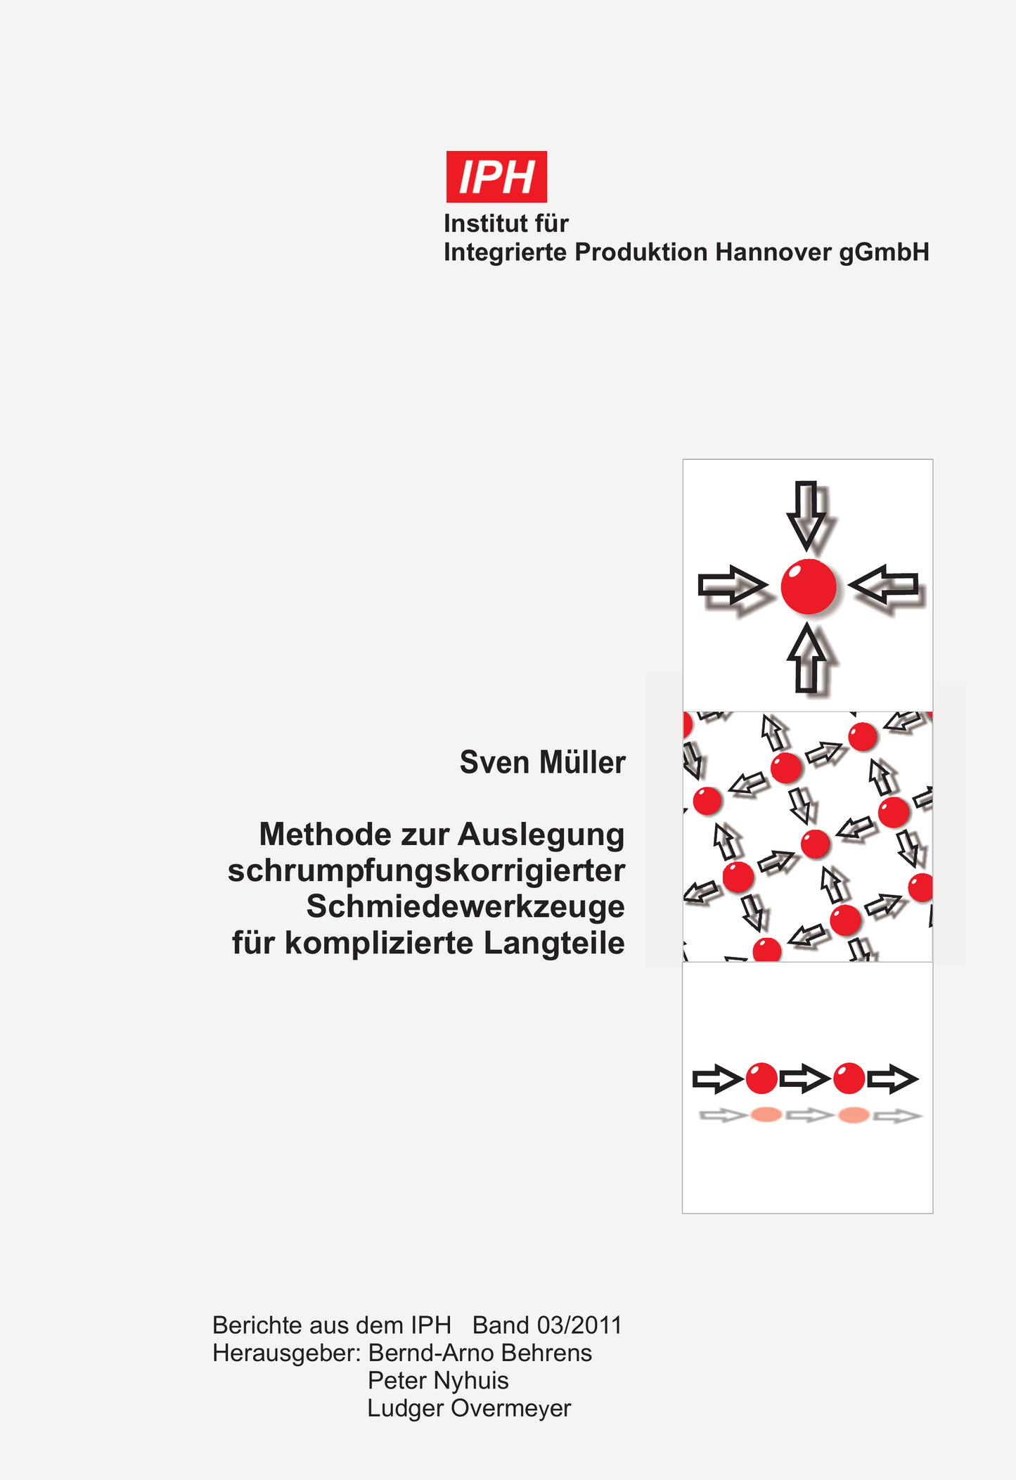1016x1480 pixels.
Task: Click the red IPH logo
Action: [496, 176]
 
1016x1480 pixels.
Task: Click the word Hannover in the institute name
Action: [773, 252]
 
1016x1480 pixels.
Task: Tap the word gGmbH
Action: [885, 253]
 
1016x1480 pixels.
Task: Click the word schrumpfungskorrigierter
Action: [426, 870]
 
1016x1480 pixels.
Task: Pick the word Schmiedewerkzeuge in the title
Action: [465, 907]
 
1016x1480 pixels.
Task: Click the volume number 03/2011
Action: [579, 1325]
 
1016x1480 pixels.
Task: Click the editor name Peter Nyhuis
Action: [438, 1380]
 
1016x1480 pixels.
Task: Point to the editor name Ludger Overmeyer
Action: [469, 1408]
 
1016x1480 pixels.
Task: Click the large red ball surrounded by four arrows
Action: [809, 586]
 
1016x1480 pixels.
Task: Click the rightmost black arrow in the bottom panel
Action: [893, 1079]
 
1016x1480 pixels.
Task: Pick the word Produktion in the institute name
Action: [641, 252]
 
